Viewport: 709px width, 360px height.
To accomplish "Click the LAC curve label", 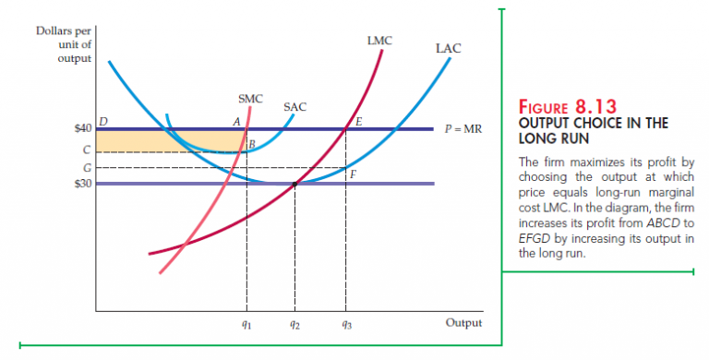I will (448, 47).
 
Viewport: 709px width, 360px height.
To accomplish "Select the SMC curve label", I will (250, 98).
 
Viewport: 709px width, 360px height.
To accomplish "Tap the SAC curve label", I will (294, 107).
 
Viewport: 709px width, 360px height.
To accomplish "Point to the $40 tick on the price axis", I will (81, 128).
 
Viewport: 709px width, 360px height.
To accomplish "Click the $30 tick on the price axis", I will (81, 184).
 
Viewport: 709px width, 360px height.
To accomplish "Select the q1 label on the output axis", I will (246, 324).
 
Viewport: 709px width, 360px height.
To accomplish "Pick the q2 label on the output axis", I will (294, 324).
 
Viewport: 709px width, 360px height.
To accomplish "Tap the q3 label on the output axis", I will (344, 324).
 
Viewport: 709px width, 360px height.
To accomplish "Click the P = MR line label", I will (463, 128).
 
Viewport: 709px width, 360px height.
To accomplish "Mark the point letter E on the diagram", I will (358, 121).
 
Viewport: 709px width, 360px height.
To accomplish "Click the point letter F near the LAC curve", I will (353, 174).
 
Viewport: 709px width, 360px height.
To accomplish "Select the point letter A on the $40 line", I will (236, 121).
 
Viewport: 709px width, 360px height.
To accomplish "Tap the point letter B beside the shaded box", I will (251, 143).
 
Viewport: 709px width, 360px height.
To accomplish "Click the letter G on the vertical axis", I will (87, 168).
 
